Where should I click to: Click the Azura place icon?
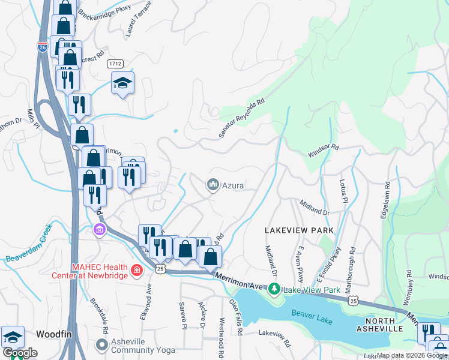coord(212,185)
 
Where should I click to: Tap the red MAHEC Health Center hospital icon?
coord(137,271)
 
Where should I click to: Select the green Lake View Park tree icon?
coord(274,290)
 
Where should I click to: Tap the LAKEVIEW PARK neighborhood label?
coord(295,230)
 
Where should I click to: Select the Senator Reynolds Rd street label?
coord(241,119)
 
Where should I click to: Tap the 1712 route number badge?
coord(116,63)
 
